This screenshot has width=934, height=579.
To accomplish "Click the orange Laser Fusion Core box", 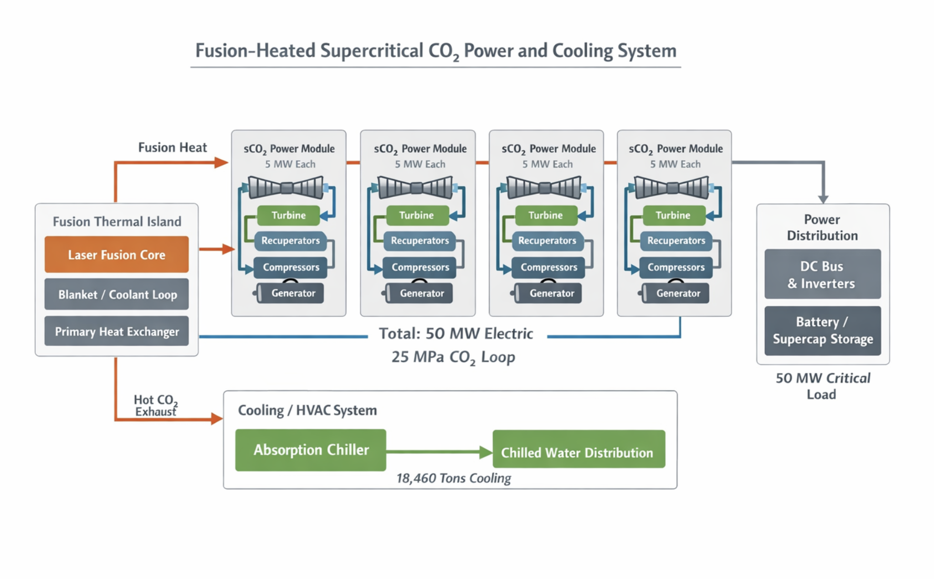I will (116, 254).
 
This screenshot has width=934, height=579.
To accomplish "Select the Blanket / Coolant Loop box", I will (116, 294).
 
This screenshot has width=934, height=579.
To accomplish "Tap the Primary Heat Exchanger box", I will (116, 331).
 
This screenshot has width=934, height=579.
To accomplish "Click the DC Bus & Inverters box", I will (822, 274).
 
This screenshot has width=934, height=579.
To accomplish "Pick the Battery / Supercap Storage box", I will (822, 330).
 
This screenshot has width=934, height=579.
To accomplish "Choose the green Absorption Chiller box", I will (310, 450).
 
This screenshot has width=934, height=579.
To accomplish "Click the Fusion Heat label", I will (172, 148).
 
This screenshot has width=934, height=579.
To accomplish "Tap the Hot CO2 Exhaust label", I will (155, 406).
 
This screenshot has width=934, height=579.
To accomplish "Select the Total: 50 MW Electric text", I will (455, 334).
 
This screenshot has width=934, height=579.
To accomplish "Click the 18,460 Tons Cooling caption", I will (453, 478).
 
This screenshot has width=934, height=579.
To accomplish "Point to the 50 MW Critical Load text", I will (823, 386).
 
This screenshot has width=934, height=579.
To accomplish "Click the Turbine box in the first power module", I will (288, 215).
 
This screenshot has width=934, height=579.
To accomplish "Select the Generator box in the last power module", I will (677, 293).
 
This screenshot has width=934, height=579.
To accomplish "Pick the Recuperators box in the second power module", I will (419, 241).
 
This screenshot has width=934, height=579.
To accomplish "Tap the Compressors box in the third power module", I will (548, 267).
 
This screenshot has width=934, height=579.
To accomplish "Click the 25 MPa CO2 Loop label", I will (453, 357).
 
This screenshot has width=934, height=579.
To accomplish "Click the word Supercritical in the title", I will (372, 51).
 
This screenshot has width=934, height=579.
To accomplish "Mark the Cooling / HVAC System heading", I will (307, 410).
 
